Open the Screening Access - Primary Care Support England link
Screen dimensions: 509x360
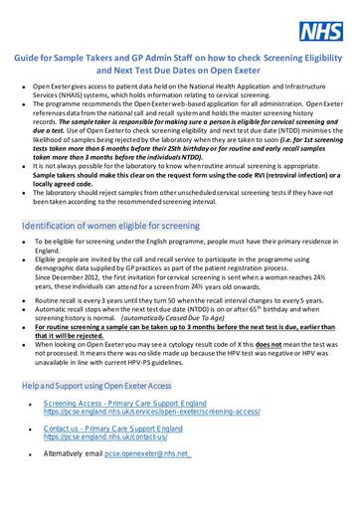tap(129, 405)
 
